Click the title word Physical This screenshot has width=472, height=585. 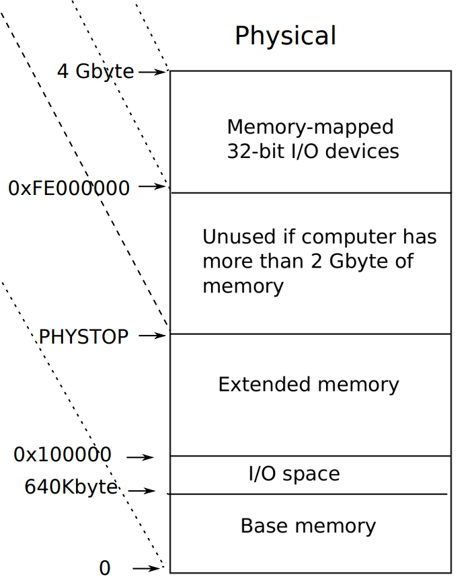coord(285,36)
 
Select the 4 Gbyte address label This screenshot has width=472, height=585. coord(95,71)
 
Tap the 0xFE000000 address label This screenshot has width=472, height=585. coord(69,188)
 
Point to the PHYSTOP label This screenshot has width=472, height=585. coord(83,337)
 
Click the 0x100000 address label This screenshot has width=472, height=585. coord(63,455)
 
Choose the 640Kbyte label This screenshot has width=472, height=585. coord(71,487)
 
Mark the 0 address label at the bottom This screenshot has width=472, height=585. coord(104,569)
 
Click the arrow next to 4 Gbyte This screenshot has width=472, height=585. coord(152,71)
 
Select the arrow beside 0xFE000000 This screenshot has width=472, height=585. coord(152,187)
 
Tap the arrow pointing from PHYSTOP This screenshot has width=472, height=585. coord(152,335)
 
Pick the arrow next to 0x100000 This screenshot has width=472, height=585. coord(140,457)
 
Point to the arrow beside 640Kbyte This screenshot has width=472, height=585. coord(141,492)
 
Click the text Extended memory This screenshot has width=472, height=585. coord(309,385)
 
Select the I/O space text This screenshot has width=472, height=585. coord(294,474)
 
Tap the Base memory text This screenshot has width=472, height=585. coord(308,526)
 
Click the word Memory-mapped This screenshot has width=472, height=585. coord(310,127)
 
